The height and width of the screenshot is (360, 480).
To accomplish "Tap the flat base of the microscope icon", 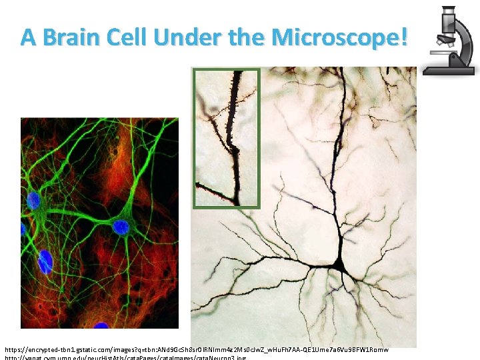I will [x=449, y=70].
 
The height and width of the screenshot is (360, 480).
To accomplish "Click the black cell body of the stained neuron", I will [x=339, y=266].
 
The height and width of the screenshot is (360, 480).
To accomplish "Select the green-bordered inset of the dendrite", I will [x=226, y=138].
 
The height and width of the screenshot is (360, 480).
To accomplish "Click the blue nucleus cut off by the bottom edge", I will [x=101, y=325].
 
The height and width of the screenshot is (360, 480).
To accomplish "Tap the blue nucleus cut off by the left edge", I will [x=23, y=229].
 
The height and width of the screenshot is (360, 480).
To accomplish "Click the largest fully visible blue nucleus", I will [x=45, y=261].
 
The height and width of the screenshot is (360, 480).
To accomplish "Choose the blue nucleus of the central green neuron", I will [x=120, y=228].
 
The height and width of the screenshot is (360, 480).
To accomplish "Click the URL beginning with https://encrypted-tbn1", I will [x=196, y=349].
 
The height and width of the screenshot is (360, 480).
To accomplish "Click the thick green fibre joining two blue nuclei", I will [x=77, y=214].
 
